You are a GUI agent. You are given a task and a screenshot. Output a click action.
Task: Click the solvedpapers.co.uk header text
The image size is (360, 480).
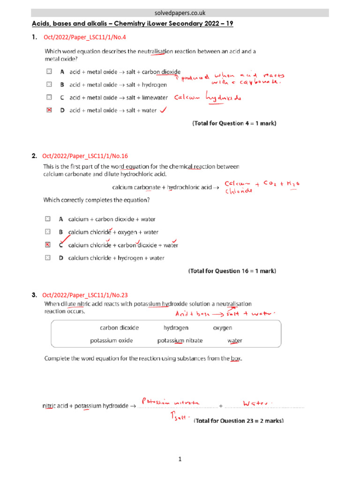coord(180,13)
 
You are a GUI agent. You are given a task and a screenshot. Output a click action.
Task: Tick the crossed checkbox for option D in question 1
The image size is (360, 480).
coord(49,111)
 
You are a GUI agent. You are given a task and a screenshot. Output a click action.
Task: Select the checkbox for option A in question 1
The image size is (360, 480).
coord(49,72)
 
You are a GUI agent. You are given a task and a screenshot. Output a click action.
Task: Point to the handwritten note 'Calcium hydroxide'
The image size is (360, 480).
coord(207,97)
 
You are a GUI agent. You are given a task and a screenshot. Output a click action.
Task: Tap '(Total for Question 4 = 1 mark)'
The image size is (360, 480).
coord(234,124)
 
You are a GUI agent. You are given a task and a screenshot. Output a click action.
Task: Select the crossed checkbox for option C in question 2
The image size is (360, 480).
coord(47,245)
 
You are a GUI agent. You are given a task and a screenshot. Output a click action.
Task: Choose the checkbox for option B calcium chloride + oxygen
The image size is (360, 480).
coord(47,232)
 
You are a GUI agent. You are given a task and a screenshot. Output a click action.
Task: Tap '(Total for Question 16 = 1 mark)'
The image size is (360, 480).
coord(232,271)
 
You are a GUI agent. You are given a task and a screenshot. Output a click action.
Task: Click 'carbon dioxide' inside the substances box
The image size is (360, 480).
coord(119,328)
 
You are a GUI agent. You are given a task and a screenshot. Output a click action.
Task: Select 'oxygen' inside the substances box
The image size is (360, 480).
coord(223,328)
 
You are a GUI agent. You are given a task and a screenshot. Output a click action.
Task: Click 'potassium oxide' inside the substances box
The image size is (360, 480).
coord(111,341)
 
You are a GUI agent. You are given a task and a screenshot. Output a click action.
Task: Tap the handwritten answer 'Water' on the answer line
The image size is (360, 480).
coord(257,403)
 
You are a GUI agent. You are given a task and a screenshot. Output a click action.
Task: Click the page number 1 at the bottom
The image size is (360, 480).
coord(180,460)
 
